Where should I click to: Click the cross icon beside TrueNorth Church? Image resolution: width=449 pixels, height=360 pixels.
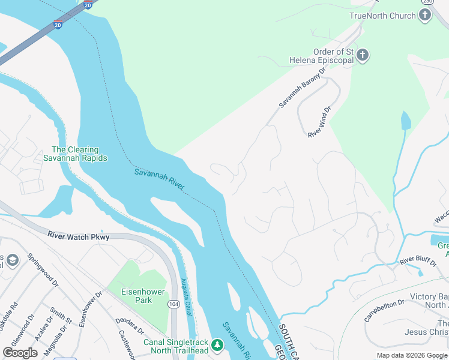426,16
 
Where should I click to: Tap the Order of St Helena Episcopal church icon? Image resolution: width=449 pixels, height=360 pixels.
362,56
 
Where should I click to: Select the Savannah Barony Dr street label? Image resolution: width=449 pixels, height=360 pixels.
301,88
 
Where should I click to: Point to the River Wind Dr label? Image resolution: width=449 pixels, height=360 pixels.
319,123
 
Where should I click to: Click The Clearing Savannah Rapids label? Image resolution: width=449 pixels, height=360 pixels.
75,154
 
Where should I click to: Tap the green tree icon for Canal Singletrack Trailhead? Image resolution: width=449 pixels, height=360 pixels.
217,345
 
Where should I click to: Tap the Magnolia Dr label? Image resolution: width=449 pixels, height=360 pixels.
61,340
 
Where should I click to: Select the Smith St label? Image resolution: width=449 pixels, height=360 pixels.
57,316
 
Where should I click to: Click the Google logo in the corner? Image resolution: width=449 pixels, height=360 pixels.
20,353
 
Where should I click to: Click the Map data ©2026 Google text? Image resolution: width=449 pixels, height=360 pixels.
412,355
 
